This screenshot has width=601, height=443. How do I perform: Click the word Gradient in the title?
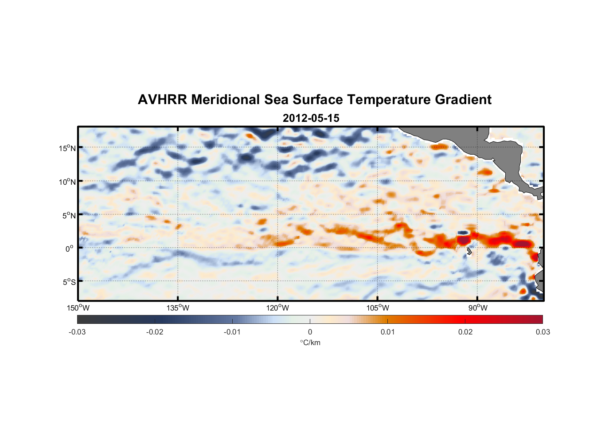463,100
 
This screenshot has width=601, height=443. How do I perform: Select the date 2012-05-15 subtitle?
311,118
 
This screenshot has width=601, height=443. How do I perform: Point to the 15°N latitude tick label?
67,148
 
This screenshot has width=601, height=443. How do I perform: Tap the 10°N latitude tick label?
67,182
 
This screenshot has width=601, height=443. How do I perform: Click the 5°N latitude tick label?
69,215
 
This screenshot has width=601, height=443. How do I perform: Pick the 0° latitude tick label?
70,249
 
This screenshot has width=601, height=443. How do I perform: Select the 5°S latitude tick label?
69,282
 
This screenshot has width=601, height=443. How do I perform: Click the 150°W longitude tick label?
78,308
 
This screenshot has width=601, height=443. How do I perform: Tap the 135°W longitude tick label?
178,308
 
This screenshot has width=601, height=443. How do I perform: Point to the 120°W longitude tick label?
277,308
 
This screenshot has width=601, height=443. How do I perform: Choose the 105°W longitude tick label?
378,308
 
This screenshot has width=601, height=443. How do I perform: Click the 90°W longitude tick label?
478,308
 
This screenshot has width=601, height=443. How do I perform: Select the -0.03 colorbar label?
77,332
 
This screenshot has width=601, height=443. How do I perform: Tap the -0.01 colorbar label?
232,332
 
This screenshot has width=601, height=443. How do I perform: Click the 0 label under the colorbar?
310,332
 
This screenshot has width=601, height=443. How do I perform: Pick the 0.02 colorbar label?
465,332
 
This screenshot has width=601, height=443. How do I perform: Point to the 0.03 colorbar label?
542,332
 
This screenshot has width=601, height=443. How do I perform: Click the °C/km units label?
310,342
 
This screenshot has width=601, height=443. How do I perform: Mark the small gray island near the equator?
469,252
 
